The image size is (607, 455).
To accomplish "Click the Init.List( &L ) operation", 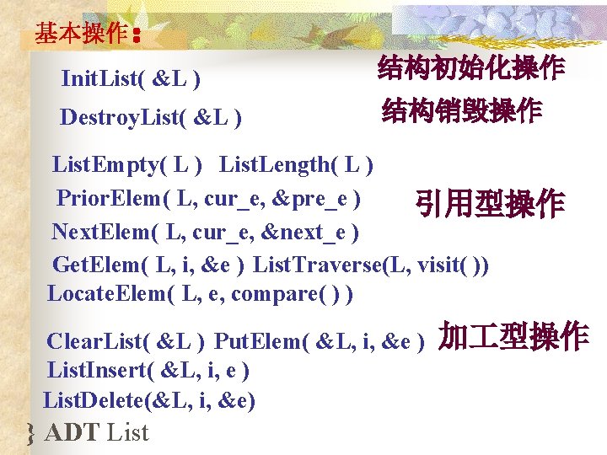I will click(131, 80).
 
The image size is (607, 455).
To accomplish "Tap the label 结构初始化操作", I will click(471, 69).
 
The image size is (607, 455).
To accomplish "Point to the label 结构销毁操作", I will click(461, 110).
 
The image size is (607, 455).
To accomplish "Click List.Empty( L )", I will click(126, 163).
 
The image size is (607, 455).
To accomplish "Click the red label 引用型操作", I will click(488, 203).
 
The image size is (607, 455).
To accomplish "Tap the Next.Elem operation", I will click(205, 231).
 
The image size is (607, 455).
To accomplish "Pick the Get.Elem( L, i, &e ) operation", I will click(149, 265).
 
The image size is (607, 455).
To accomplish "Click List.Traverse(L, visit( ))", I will click(370, 265).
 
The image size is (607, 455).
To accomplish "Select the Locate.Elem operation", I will click(200, 294).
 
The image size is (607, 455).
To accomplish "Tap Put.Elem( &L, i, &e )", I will click(319, 341).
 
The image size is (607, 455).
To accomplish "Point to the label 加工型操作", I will click(513, 336).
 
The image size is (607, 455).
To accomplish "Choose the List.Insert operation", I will click(148, 370).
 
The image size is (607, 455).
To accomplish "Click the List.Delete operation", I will click(149, 399).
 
